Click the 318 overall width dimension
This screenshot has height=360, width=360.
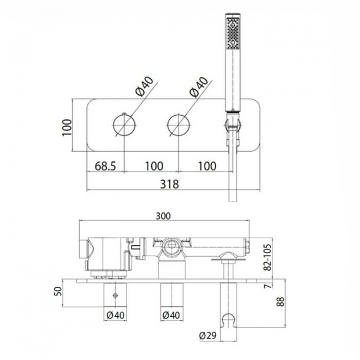tap(169, 184)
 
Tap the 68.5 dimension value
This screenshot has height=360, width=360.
tap(106, 166)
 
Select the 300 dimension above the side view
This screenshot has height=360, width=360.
tap(163, 216)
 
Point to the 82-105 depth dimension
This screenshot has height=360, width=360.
tap(268, 257)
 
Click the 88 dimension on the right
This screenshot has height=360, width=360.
tap(280, 301)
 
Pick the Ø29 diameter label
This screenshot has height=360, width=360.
tap(208, 335)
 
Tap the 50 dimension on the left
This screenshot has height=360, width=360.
tap(59, 292)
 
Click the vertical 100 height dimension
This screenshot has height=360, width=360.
tap(67, 127)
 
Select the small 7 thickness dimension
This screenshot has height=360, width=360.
tap(268, 286)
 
